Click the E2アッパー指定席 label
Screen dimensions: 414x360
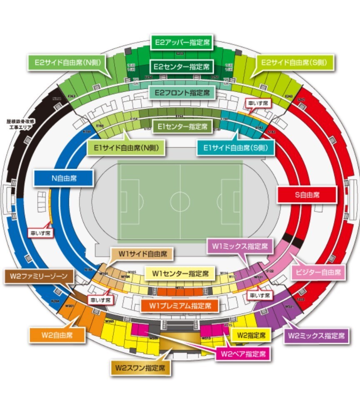pos(182,43)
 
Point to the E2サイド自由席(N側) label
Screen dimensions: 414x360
pos(66,63)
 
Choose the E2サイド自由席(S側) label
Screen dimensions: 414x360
pos(294,63)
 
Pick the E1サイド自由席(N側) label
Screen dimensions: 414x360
pos(125,147)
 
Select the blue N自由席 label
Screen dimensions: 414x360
pos(63,178)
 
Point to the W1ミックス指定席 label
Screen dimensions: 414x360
pos(240,246)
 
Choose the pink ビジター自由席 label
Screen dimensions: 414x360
pos(318,273)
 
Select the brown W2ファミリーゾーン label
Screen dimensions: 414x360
pos(38,276)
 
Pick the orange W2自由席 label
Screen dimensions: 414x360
pos(57,335)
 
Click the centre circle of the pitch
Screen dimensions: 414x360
pos(180,202)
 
